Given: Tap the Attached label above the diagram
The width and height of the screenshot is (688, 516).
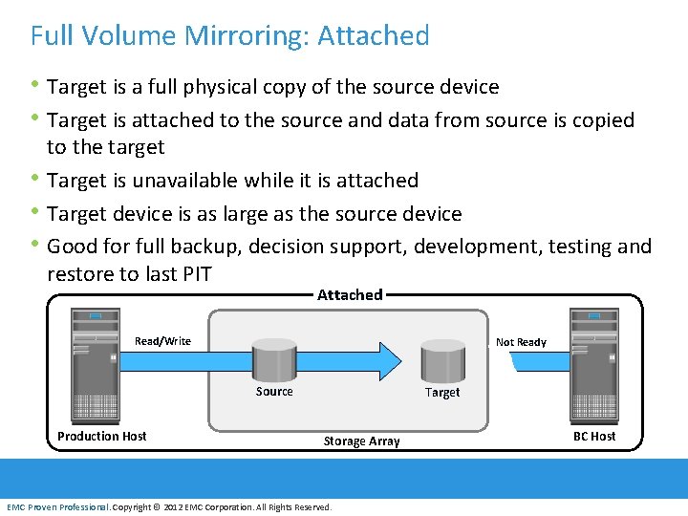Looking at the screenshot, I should tap(350, 294).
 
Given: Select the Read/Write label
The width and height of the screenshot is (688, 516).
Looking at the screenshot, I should tap(162, 341).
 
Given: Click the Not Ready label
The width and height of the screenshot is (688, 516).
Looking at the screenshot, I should tap(521, 342).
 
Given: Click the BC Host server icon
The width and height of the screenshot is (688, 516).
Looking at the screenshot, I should tap(593, 367).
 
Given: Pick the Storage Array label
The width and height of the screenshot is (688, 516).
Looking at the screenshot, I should tap(361, 441).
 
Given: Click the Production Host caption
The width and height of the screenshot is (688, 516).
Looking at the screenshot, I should tap(102, 437).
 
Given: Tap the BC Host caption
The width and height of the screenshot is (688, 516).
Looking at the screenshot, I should tap(593, 437).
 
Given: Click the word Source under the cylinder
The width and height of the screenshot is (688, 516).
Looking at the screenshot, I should tap(274, 392).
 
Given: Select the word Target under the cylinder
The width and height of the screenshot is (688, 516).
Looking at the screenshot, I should tap(442, 393).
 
